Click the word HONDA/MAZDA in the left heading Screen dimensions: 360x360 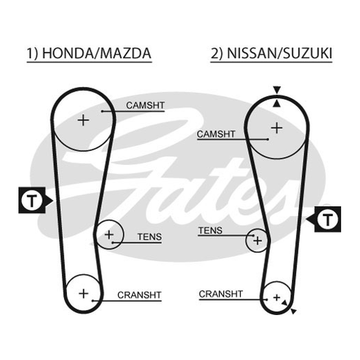[97, 53]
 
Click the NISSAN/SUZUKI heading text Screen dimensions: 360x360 [279, 53]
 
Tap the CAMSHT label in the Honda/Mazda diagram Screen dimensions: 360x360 [145, 105]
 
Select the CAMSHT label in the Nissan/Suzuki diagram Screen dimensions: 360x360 [216, 134]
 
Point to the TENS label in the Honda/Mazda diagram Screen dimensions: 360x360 [150, 237]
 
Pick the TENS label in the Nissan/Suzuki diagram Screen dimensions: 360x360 [210, 230]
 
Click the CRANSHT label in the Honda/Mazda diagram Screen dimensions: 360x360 [139, 295]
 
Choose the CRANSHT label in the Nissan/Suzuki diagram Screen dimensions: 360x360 [220, 294]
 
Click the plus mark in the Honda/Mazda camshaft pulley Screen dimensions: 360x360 [83, 120]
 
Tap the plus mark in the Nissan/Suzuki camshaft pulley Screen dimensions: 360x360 [277, 128]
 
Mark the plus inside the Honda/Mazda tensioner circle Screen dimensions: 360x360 [109, 234]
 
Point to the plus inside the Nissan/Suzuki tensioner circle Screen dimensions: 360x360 [257, 241]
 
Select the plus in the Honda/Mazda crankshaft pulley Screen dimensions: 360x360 [84, 294]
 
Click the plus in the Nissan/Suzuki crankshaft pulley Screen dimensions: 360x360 [277, 297]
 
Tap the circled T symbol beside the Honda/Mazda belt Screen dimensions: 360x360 [32, 200]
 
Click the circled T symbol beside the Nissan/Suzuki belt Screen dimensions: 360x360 [328, 219]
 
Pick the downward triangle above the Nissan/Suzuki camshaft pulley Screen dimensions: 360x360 [277, 90]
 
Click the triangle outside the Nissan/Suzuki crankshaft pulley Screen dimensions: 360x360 [293, 311]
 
